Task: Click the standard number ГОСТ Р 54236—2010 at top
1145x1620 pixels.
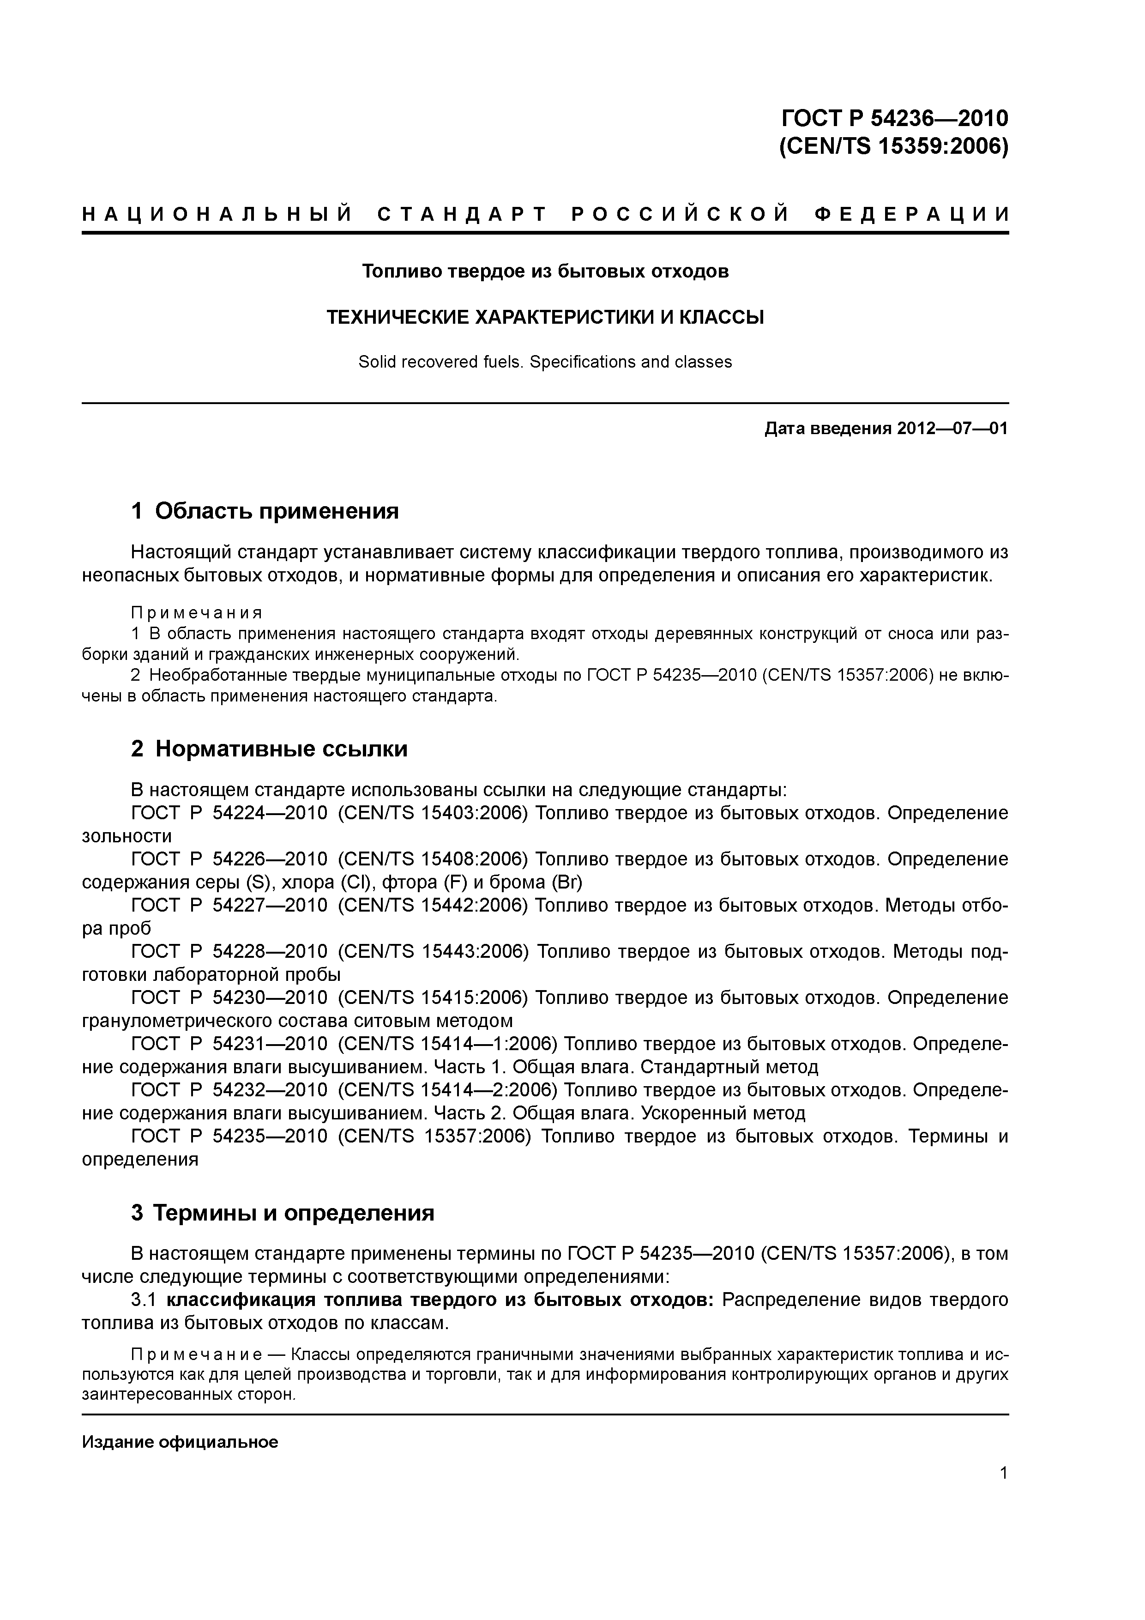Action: pos(895,117)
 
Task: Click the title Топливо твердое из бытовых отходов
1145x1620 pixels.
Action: pos(545,271)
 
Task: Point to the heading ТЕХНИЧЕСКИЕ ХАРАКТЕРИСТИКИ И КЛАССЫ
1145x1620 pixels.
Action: pos(545,318)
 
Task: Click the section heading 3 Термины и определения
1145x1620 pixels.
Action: pos(282,1213)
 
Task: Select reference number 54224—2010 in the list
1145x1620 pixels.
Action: pos(270,813)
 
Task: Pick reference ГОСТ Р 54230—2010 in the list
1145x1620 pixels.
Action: pos(229,997)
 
